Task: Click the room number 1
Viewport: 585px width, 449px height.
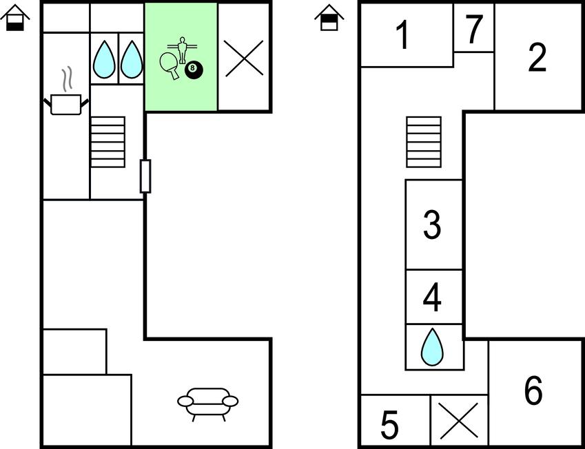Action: click(x=403, y=35)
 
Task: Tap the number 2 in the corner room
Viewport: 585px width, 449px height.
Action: click(x=537, y=58)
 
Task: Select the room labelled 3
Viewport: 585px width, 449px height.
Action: click(x=432, y=224)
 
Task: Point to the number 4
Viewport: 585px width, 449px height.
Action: click(x=432, y=297)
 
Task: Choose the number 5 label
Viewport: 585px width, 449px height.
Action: click(x=390, y=425)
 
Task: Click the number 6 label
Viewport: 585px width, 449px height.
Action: click(x=533, y=391)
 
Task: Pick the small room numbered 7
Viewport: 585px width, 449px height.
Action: click(x=473, y=30)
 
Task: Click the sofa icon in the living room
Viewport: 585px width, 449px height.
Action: click(x=207, y=402)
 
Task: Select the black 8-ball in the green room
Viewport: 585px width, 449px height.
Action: click(x=194, y=70)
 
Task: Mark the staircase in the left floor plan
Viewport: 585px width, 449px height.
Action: click(x=108, y=142)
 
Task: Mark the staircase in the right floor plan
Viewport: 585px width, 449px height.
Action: click(x=423, y=142)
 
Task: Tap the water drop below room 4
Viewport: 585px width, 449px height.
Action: click(x=432, y=346)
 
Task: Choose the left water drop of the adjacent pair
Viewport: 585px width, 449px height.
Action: click(x=104, y=59)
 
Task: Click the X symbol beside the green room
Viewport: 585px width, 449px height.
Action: click(x=244, y=58)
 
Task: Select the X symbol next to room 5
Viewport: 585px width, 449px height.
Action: click(x=459, y=420)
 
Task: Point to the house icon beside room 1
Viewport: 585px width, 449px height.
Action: click(x=329, y=18)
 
